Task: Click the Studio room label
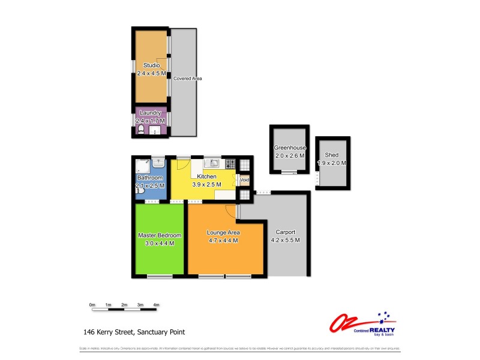click(x=151, y=65)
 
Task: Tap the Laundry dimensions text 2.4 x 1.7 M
click(x=151, y=121)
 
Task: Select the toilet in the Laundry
click(x=140, y=129)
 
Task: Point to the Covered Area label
click(x=187, y=79)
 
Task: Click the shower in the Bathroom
click(x=142, y=165)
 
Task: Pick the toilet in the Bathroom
click(x=139, y=190)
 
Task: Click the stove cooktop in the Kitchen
click(x=230, y=163)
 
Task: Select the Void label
click(x=245, y=179)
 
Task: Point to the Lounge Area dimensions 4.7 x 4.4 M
click(x=223, y=241)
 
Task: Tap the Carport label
click(x=285, y=232)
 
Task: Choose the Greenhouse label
click(x=290, y=148)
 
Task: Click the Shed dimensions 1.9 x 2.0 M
click(x=332, y=163)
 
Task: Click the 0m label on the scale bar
click(x=92, y=305)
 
